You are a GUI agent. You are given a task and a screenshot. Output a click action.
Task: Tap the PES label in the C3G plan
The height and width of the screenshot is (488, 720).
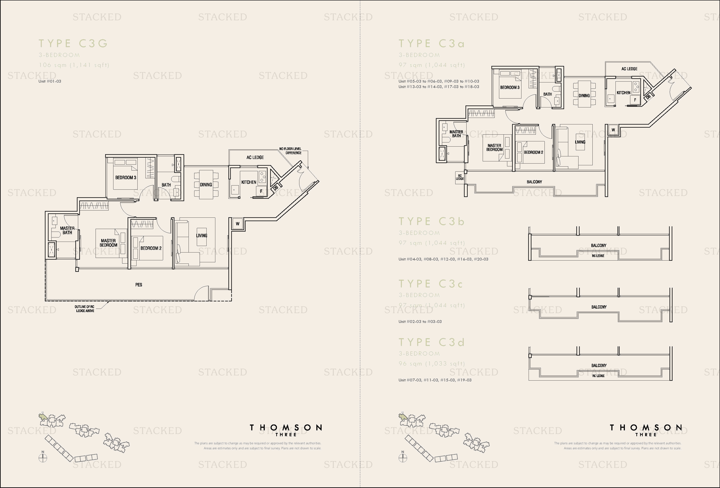[x=138, y=285]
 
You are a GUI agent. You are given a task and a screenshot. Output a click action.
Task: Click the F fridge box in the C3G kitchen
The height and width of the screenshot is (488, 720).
[x=261, y=191]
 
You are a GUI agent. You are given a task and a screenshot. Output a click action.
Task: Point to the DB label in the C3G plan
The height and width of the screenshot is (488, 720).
[x=275, y=187]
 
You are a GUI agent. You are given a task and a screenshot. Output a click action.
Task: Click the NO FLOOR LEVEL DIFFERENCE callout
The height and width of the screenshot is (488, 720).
[x=290, y=151]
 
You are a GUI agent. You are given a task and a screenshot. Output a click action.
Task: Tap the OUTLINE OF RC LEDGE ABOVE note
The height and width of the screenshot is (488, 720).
[x=84, y=309]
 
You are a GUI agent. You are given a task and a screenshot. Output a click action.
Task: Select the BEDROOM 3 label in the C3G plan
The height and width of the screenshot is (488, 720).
[x=125, y=178]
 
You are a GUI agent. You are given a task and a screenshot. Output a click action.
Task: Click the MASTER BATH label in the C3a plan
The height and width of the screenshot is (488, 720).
[x=456, y=134]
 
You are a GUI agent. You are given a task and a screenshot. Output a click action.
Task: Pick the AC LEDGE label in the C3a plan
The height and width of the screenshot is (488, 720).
[x=629, y=69]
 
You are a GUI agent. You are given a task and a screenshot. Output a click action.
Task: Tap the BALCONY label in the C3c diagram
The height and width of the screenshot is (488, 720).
[x=599, y=307]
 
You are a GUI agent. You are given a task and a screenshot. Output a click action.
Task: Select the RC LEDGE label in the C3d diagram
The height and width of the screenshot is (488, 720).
[x=598, y=376]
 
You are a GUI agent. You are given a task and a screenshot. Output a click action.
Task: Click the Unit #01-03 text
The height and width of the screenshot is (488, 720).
[x=50, y=81]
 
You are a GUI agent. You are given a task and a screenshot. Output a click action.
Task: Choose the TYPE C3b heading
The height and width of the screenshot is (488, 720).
[x=432, y=222]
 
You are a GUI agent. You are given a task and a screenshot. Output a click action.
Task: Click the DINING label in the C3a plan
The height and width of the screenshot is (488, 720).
[x=584, y=96]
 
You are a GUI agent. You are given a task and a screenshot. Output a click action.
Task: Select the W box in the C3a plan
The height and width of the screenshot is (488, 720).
[x=613, y=130]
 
